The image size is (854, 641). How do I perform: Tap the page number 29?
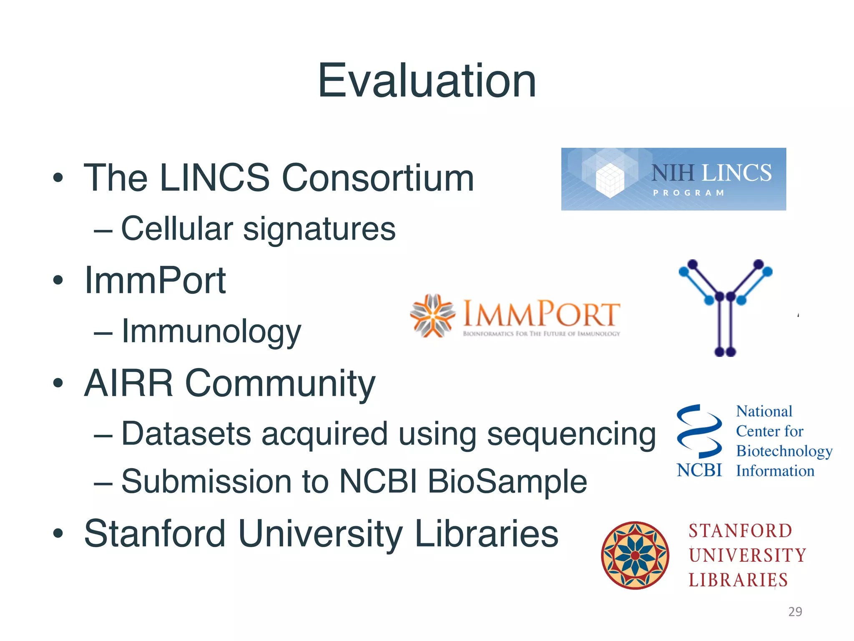(795, 611)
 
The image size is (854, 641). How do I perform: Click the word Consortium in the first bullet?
(378, 178)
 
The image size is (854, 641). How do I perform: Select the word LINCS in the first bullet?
(214, 178)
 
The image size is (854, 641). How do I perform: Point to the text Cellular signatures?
(258, 229)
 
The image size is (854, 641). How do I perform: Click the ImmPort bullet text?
(155, 280)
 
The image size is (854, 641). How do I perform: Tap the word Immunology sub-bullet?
(211, 332)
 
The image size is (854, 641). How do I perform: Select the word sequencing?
(571, 434)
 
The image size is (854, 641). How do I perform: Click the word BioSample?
(507, 481)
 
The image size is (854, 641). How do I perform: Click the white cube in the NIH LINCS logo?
(610, 180)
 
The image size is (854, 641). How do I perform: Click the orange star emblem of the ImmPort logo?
(432, 315)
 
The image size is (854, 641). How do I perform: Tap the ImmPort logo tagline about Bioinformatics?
(541, 334)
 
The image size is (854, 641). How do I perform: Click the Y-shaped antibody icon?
(725, 307)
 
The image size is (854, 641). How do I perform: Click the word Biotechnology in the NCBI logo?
(784, 451)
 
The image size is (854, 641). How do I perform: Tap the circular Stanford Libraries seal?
(635, 555)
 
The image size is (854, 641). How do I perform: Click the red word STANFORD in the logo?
(740, 531)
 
